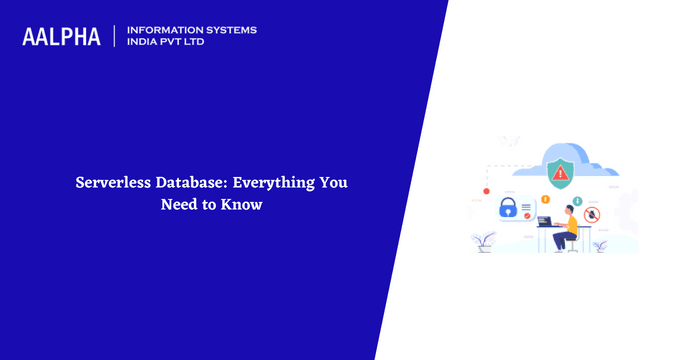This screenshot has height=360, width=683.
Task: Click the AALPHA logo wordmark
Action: click(61, 36)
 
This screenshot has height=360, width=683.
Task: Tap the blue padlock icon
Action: click(508, 209)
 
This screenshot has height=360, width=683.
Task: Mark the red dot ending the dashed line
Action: click(486, 190)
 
